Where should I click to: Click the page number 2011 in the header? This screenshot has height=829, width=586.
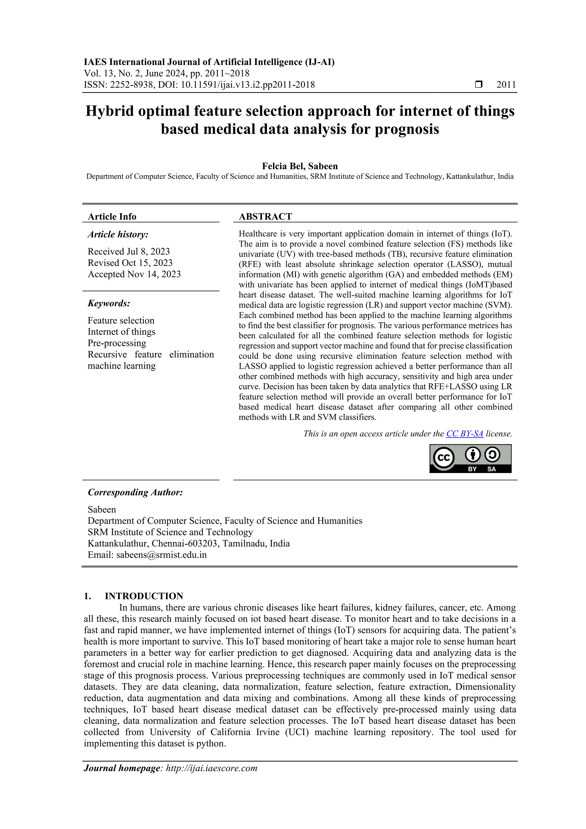506,85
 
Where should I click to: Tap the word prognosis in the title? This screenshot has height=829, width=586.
407,129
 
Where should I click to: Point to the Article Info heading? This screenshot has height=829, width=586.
112,217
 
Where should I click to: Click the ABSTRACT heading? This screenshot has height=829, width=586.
265,217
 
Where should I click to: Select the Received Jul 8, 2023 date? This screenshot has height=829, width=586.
128,251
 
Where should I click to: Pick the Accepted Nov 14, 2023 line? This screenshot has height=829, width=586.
134,274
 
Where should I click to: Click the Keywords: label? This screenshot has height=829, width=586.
109,303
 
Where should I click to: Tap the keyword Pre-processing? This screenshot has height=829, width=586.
117,343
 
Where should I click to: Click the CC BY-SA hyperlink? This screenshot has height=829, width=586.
464,434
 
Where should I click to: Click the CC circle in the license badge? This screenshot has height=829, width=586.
443,458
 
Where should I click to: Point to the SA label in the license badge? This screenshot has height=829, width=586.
491,469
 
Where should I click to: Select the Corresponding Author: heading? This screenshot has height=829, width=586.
135,492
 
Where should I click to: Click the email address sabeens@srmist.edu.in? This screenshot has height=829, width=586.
161,555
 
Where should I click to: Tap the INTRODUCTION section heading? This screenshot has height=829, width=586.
144,596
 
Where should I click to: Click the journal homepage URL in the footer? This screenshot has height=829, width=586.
211,768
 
